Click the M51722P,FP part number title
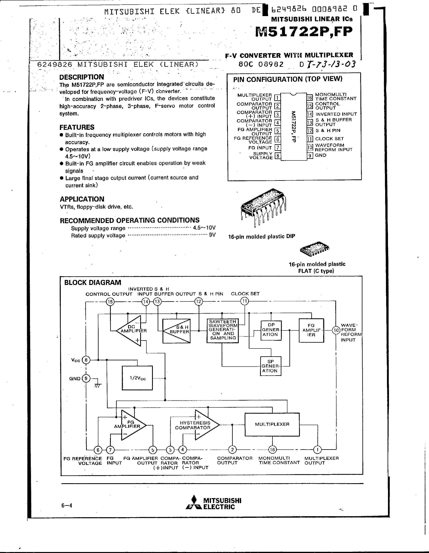[x=304, y=32]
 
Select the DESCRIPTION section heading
[x=81, y=77]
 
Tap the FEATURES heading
[x=77, y=127]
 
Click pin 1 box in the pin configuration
[x=277, y=98]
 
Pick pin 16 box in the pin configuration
[x=310, y=98]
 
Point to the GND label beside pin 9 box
[x=321, y=155]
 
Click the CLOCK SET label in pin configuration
[x=329, y=139]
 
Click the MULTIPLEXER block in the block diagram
[x=272, y=424]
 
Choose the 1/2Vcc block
[x=137, y=378]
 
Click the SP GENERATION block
[x=271, y=366]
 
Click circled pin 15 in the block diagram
[x=110, y=302]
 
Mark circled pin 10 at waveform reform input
[x=336, y=330]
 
